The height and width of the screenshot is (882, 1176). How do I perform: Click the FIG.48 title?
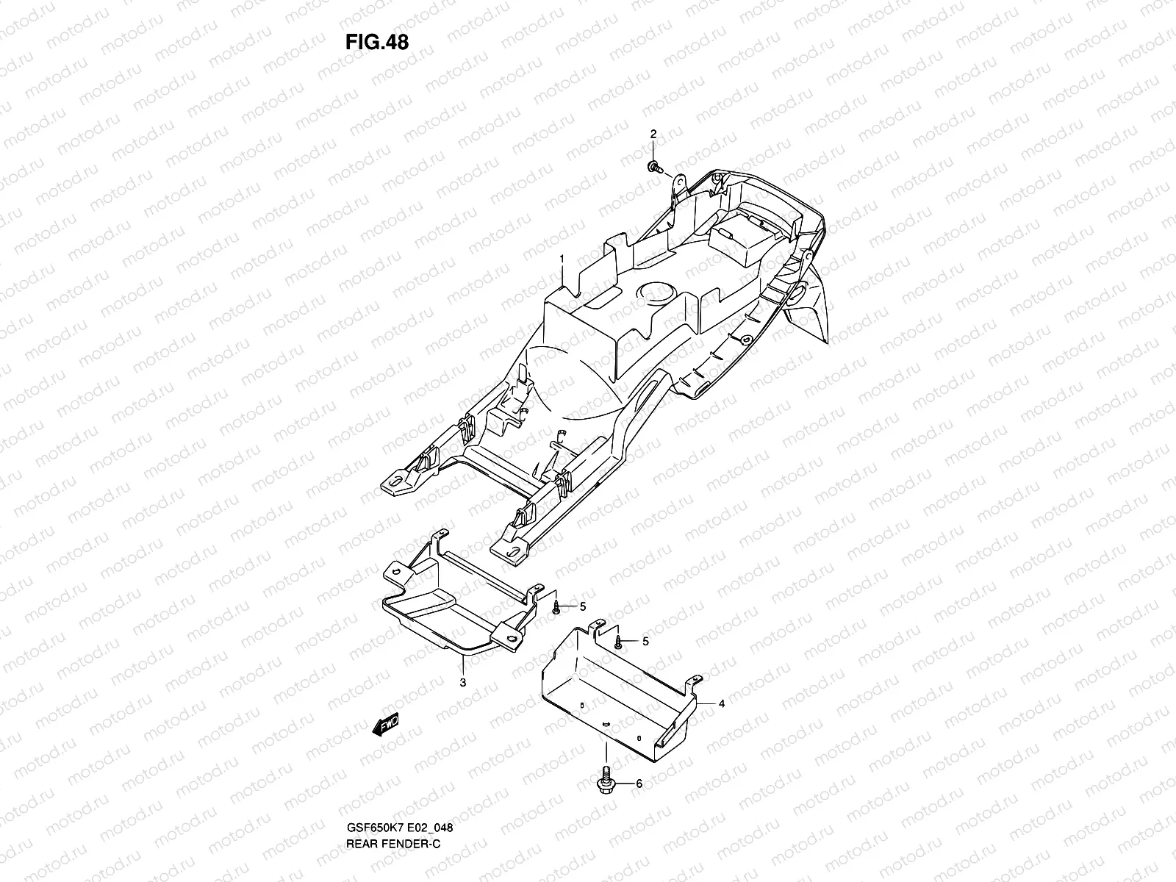coord(376,42)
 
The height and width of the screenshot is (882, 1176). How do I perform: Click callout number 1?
coord(562,259)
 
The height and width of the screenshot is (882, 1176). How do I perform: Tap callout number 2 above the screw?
coord(652,133)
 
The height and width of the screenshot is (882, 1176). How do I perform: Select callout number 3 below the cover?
coord(463,682)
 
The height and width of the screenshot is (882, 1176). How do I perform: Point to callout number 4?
coord(722,703)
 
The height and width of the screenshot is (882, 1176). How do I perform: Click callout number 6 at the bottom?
coord(639,784)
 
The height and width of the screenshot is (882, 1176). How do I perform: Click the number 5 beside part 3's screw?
coord(583,606)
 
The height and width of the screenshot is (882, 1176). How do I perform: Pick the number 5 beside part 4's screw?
coord(645,642)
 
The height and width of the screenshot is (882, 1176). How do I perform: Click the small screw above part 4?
coord(620,642)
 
